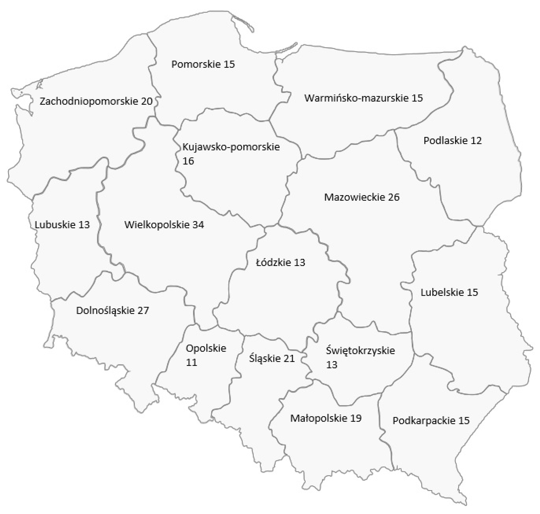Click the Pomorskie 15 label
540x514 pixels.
tap(203, 64)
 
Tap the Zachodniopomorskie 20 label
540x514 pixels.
tap(96, 101)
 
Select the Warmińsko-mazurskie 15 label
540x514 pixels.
tap(363, 98)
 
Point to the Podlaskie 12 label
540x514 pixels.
tap(453, 141)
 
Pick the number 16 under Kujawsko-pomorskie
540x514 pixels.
tap(188, 161)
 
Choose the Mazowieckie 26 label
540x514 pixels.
tap(362, 197)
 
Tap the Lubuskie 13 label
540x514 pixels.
tap(62, 225)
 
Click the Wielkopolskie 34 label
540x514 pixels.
tap(164, 225)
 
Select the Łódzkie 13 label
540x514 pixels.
tap(280, 263)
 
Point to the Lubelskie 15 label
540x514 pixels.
tap(449, 292)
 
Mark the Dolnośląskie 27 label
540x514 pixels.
tap(112, 310)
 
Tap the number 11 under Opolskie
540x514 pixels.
tap(192, 362)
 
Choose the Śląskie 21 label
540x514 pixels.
tap(272, 358)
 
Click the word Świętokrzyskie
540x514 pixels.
tap(360, 350)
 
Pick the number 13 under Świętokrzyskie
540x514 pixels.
tap(332, 365)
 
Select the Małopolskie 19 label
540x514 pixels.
tap(326, 418)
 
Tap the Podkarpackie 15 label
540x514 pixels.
tap(431, 421)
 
